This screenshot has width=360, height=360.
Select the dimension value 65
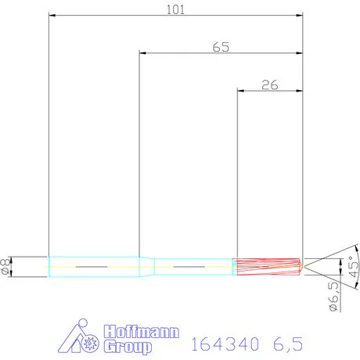tap(221, 47)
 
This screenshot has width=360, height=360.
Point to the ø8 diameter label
tap(8, 266)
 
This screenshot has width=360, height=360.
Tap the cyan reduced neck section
tap(192, 266)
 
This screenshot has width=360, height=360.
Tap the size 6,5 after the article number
tap(286, 342)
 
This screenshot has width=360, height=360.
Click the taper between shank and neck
tap(146, 266)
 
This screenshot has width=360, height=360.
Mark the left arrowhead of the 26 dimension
tap(240, 92)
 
